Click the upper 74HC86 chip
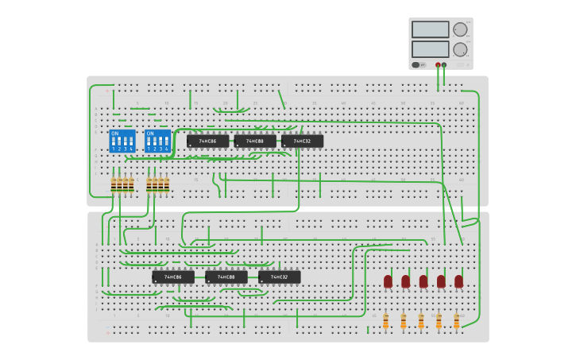(207, 141)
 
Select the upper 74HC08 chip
(255, 141)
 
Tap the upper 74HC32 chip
(302, 141)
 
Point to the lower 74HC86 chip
(173, 277)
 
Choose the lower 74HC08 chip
(226, 277)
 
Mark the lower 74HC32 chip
(279, 277)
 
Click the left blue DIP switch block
(122, 141)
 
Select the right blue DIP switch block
(157, 141)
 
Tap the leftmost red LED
(388, 281)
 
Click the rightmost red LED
(458, 281)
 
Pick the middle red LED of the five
(423, 281)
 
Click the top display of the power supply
(431, 29)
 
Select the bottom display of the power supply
(431, 49)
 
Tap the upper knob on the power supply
(460, 29)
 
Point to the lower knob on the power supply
(460, 49)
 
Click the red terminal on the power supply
(438, 65)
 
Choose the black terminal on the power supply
(444, 65)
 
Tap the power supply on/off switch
(416, 65)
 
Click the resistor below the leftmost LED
(386, 321)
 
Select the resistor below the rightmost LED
(457, 321)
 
